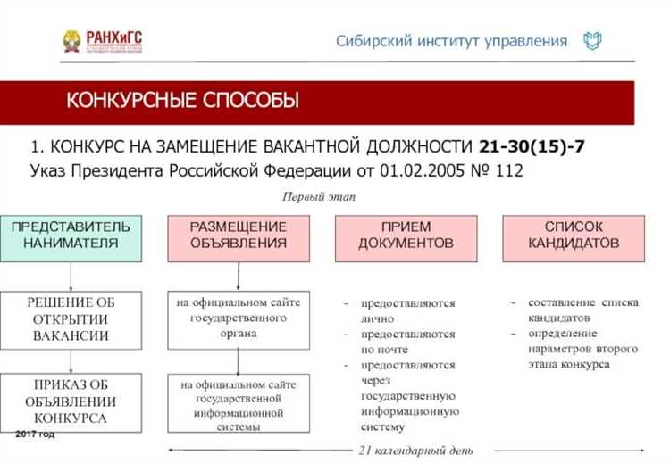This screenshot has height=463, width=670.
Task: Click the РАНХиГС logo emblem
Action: [x=71, y=40]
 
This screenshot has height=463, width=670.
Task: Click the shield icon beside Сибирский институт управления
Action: [x=592, y=41]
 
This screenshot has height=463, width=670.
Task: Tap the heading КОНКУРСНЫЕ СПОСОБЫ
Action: [x=183, y=101]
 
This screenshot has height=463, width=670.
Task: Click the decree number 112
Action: [x=506, y=169]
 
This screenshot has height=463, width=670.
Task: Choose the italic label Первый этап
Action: [x=319, y=196]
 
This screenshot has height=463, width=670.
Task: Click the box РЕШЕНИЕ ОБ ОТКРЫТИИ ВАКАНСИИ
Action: [x=71, y=318]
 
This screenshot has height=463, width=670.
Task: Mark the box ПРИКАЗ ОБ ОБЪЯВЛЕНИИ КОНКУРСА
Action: [x=71, y=401]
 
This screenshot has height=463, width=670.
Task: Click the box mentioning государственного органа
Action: [x=239, y=318]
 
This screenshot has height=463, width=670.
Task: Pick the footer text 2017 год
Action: [x=35, y=434]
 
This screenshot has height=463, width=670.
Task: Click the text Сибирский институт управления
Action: [x=451, y=41]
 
